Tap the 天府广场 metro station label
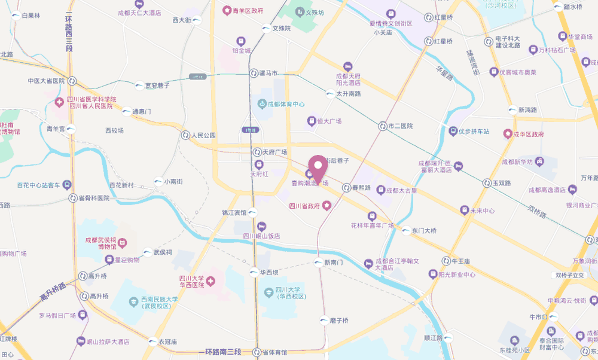pos(275,152)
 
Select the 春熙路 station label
pos(361,188)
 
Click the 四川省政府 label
pos(306,206)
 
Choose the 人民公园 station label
pos(203,135)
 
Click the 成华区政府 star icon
pos(508,133)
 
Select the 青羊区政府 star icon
pos(227,10)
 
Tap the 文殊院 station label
pos(281,28)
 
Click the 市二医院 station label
pos(400,126)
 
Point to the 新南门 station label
pos(333,263)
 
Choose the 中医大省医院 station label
pos(46,81)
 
